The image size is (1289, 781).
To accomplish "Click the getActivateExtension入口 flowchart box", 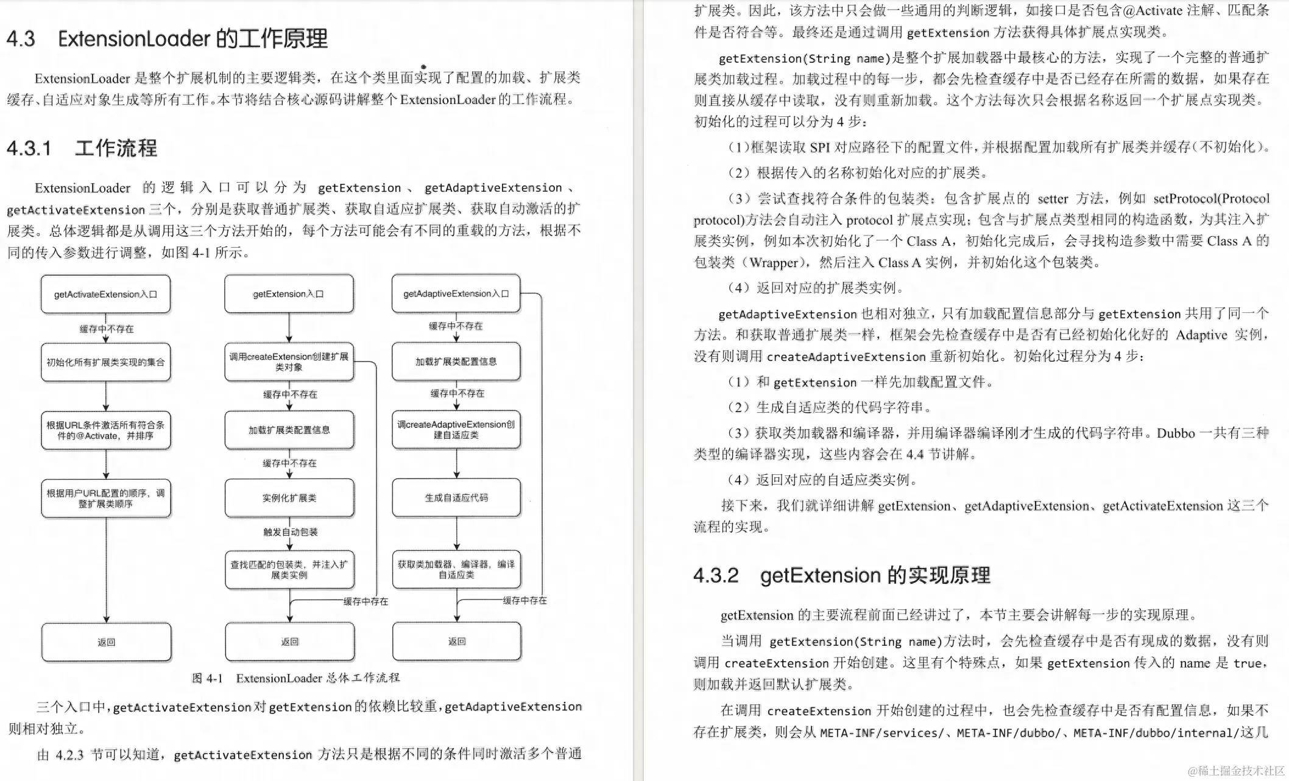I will coord(105,294).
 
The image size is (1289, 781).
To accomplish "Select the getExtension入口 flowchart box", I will coord(289,294).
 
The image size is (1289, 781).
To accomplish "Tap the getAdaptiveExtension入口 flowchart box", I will coord(456,293).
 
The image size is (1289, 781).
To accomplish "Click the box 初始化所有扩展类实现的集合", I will coord(105,362).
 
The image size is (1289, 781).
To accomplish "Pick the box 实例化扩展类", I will coord(289,498).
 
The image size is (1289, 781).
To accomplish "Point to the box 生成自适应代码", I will coord(456,497).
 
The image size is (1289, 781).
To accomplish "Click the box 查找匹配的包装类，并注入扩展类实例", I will coord(289,570).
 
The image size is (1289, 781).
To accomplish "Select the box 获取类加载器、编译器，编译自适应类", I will coord(456,569).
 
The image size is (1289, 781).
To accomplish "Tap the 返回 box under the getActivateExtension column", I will coord(106,642).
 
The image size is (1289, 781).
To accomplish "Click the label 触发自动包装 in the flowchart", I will coord(291,532).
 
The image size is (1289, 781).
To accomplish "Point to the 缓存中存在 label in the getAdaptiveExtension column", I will coord(524,600).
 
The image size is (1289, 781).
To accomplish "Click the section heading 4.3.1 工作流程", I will coord(82,148).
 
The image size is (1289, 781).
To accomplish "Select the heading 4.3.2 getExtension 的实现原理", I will coord(841,575).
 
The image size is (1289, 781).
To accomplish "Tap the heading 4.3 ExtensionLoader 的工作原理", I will coord(167,39).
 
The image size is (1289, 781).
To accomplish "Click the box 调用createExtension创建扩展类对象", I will coord(289,362).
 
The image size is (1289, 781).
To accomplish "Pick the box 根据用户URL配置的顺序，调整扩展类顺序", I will coord(105,499).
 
